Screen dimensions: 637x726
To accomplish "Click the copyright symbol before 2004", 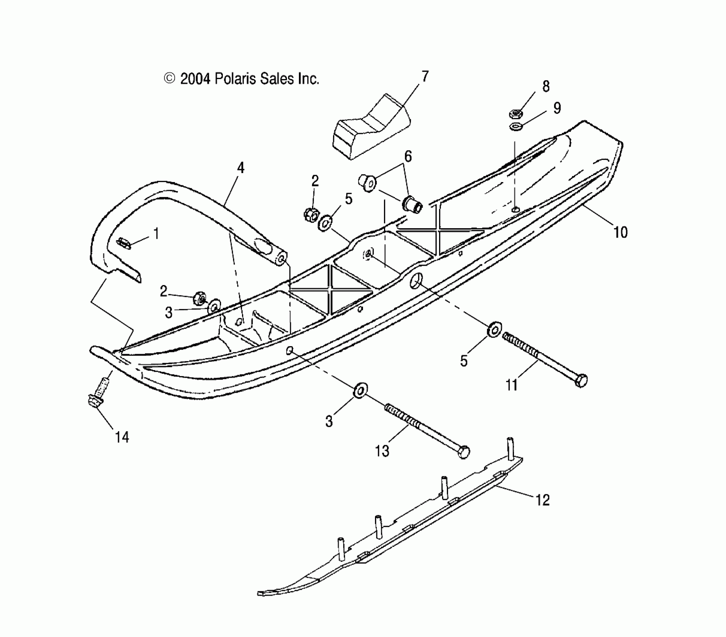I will pyautogui.click(x=170, y=78).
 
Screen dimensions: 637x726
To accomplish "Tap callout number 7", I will pyautogui.click(x=425, y=76).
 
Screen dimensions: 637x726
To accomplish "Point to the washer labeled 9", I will pyautogui.click(x=515, y=127).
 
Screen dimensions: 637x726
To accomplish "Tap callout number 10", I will pyautogui.click(x=620, y=232).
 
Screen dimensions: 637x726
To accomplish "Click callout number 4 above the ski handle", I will pyautogui.click(x=241, y=168).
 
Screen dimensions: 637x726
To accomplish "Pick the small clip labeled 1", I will pyautogui.click(x=124, y=243).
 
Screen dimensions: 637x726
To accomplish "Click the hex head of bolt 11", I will pyautogui.click(x=581, y=380).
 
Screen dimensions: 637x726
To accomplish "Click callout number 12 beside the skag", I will pyautogui.click(x=542, y=500).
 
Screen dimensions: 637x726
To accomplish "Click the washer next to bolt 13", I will pyautogui.click(x=360, y=390).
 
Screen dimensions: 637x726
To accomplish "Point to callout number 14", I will pyautogui.click(x=122, y=437).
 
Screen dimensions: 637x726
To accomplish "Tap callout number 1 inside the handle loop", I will pyautogui.click(x=156, y=234).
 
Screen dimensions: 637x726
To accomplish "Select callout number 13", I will pyautogui.click(x=382, y=451).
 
